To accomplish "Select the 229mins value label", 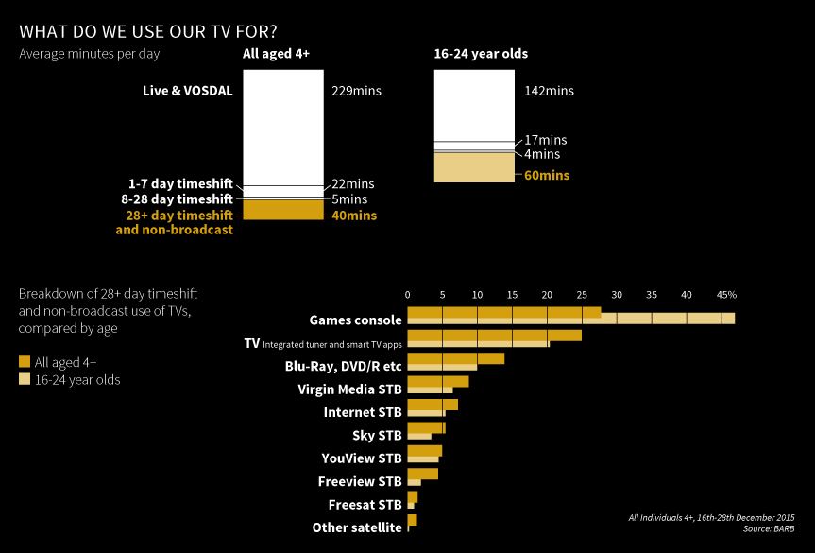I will [x=357, y=92].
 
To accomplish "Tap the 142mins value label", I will [x=549, y=92].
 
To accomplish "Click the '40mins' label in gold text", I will [x=354, y=216].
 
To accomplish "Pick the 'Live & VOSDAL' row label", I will [x=187, y=91].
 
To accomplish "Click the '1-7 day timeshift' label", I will [x=180, y=183].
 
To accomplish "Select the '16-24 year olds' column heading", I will [x=481, y=54].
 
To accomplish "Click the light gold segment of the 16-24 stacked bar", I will [x=474, y=167].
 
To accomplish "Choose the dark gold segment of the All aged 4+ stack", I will [x=283, y=210].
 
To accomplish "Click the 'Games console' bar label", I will [x=355, y=320].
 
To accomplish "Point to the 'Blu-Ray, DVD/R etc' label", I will [x=343, y=366].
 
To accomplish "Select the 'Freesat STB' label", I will [x=365, y=505].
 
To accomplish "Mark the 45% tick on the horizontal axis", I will [x=725, y=294].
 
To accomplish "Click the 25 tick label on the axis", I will [x=582, y=294].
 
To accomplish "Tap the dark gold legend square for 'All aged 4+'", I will [x=25, y=361].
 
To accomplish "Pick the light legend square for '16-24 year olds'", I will [x=25, y=380].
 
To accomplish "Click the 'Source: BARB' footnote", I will [x=770, y=528].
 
